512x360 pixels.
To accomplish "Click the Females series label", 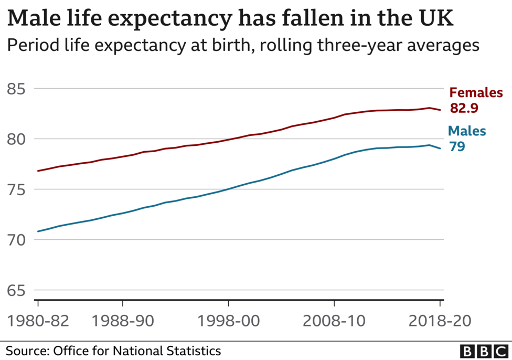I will tap(476, 93).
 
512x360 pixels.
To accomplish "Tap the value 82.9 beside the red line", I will tap(464, 109).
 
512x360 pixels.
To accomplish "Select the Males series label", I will tap(467, 131).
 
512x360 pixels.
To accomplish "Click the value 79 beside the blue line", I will tap(457, 147).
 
